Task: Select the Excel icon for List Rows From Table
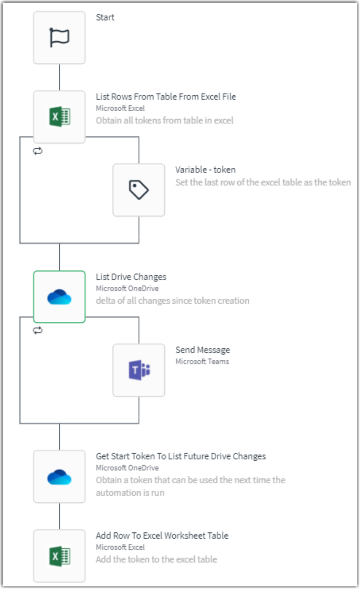(x=59, y=117)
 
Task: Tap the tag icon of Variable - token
(x=139, y=190)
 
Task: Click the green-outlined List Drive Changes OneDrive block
(x=59, y=297)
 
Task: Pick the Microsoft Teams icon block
(x=139, y=370)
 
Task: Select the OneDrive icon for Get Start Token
(x=59, y=476)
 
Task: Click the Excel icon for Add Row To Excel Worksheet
(x=59, y=556)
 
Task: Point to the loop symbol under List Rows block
(x=38, y=151)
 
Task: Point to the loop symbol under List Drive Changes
(x=38, y=331)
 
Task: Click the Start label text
(x=105, y=17)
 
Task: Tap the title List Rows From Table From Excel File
(x=166, y=97)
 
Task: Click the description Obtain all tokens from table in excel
(x=165, y=120)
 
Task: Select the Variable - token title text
(x=205, y=170)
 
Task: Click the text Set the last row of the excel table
(x=263, y=183)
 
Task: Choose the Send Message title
(x=202, y=350)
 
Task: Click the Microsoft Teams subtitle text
(x=202, y=361)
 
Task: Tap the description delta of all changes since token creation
(x=172, y=301)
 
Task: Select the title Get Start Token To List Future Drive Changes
(x=181, y=456)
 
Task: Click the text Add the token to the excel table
(x=156, y=559)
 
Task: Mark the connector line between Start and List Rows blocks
(x=59, y=77)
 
